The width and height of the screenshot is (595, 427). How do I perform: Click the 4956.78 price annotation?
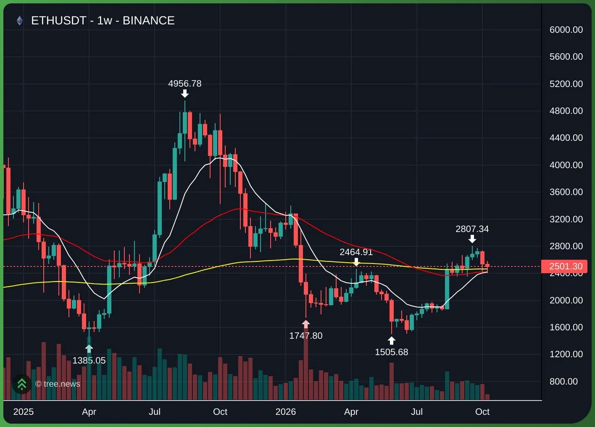tap(184, 84)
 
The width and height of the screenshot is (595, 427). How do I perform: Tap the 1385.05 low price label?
tap(89, 360)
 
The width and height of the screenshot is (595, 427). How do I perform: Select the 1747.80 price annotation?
tap(306, 336)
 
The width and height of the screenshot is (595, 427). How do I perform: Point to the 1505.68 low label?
tap(391, 352)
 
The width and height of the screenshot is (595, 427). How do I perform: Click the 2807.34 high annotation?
tap(472, 229)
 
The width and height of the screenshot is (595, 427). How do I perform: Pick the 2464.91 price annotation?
tap(356, 252)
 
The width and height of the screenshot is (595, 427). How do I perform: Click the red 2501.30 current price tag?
tap(564, 266)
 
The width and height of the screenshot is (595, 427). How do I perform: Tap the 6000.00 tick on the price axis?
tap(566, 29)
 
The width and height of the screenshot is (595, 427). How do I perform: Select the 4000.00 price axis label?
tap(566, 165)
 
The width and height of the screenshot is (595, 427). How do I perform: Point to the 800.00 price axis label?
tap(563, 381)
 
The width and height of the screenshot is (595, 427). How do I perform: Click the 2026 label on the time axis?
tap(286, 411)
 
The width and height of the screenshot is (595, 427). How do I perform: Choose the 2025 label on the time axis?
tap(24, 411)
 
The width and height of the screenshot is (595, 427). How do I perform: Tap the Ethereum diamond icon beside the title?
tap(20, 21)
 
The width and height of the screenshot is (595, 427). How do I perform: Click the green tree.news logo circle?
tap(22, 384)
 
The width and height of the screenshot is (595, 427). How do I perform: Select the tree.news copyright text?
tap(58, 384)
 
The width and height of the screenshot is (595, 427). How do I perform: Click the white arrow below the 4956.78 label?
tap(185, 94)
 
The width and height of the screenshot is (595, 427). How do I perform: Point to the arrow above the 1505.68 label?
tap(391, 341)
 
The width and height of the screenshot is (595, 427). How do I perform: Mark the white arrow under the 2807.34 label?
tap(472, 239)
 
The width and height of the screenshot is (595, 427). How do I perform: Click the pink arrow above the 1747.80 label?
tap(306, 324)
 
